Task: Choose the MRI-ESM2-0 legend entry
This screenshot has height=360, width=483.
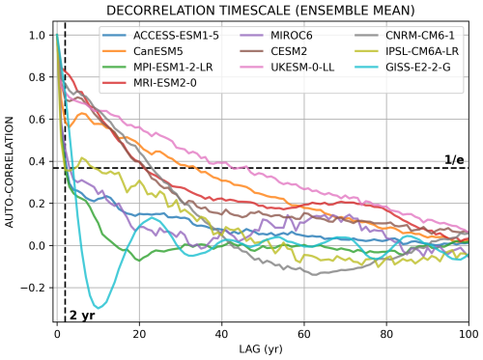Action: (x=137, y=83)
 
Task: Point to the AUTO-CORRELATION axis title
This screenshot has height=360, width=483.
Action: (x=11, y=173)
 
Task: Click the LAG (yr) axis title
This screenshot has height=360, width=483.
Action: (x=263, y=349)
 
